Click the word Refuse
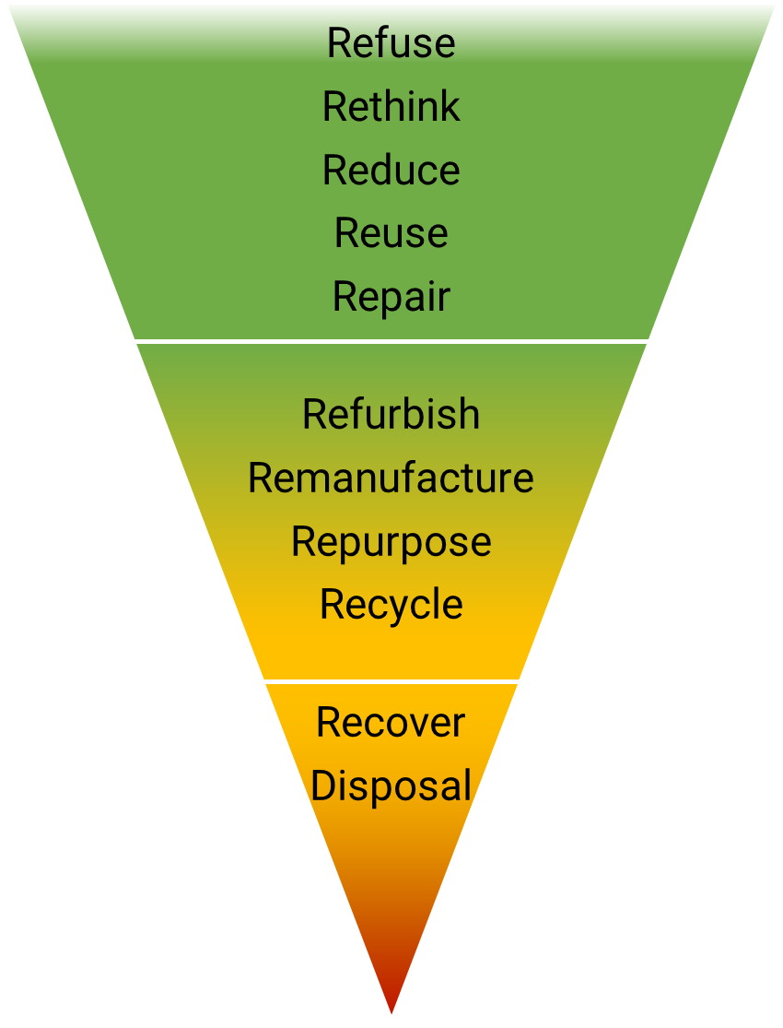click(x=391, y=43)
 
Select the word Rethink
click(x=391, y=107)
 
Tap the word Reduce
click(x=391, y=171)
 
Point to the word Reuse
click(x=391, y=233)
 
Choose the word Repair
click(x=391, y=297)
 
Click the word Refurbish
click(x=391, y=415)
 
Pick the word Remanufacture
click(x=391, y=479)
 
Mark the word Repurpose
click(x=391, y=542)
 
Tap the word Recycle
click(x=391, y=606)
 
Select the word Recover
click(x=391, y=723)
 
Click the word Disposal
click(x=391, y=786)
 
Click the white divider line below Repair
click(x=391, y=341)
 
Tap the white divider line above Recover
click(x=391, y=681)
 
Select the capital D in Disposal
click(x=322, y=786)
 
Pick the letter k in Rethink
click(x=450, y=107)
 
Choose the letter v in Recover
click(x=415, y=724)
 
